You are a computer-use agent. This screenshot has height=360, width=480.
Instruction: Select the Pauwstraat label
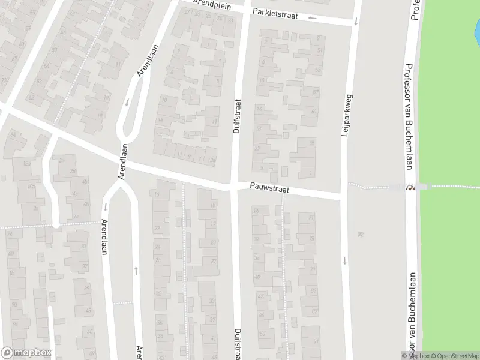pyautogui.click(x=270, y=188)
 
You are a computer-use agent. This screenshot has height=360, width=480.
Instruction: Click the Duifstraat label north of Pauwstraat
pyautogui.click(x=236, y=116)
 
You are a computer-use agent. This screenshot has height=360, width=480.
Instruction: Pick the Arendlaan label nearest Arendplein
pyautogui.click(x=147, y=60)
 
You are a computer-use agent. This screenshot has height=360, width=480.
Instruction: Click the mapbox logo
pyautogui.click(x=26, y=353)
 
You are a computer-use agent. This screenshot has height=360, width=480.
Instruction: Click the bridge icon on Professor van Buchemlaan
pyautogui.click(x=410, y=187)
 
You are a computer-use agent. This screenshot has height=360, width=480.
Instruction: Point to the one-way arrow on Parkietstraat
pyautogui.click(x=312, y=17)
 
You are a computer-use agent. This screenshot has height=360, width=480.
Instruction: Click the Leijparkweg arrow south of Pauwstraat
pyautogui.click(x=345, y=260)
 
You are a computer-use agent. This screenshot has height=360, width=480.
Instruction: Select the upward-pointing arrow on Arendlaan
pyautogui.click(x=136, y=270)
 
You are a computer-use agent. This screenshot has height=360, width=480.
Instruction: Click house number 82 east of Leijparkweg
pyautogui.click(x=361, y=234)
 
